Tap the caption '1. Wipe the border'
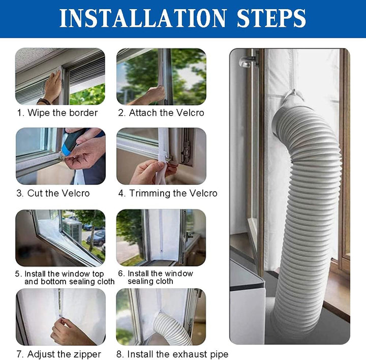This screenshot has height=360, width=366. (57, 113)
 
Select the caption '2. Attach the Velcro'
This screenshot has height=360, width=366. (161, 113)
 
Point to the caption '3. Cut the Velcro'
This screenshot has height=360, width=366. (53, 193)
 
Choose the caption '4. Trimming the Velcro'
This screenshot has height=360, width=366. (168, 193)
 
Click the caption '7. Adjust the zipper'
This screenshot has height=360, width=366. (58, 354)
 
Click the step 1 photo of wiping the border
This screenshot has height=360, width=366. (60, 76)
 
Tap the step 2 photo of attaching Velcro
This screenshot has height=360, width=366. (161, 76)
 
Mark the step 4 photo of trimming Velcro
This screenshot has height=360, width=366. (161, 156)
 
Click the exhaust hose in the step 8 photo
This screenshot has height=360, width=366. (170, 328)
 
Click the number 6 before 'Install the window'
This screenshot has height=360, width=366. (121, 274)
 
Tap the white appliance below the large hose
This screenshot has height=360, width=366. (247, 305)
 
